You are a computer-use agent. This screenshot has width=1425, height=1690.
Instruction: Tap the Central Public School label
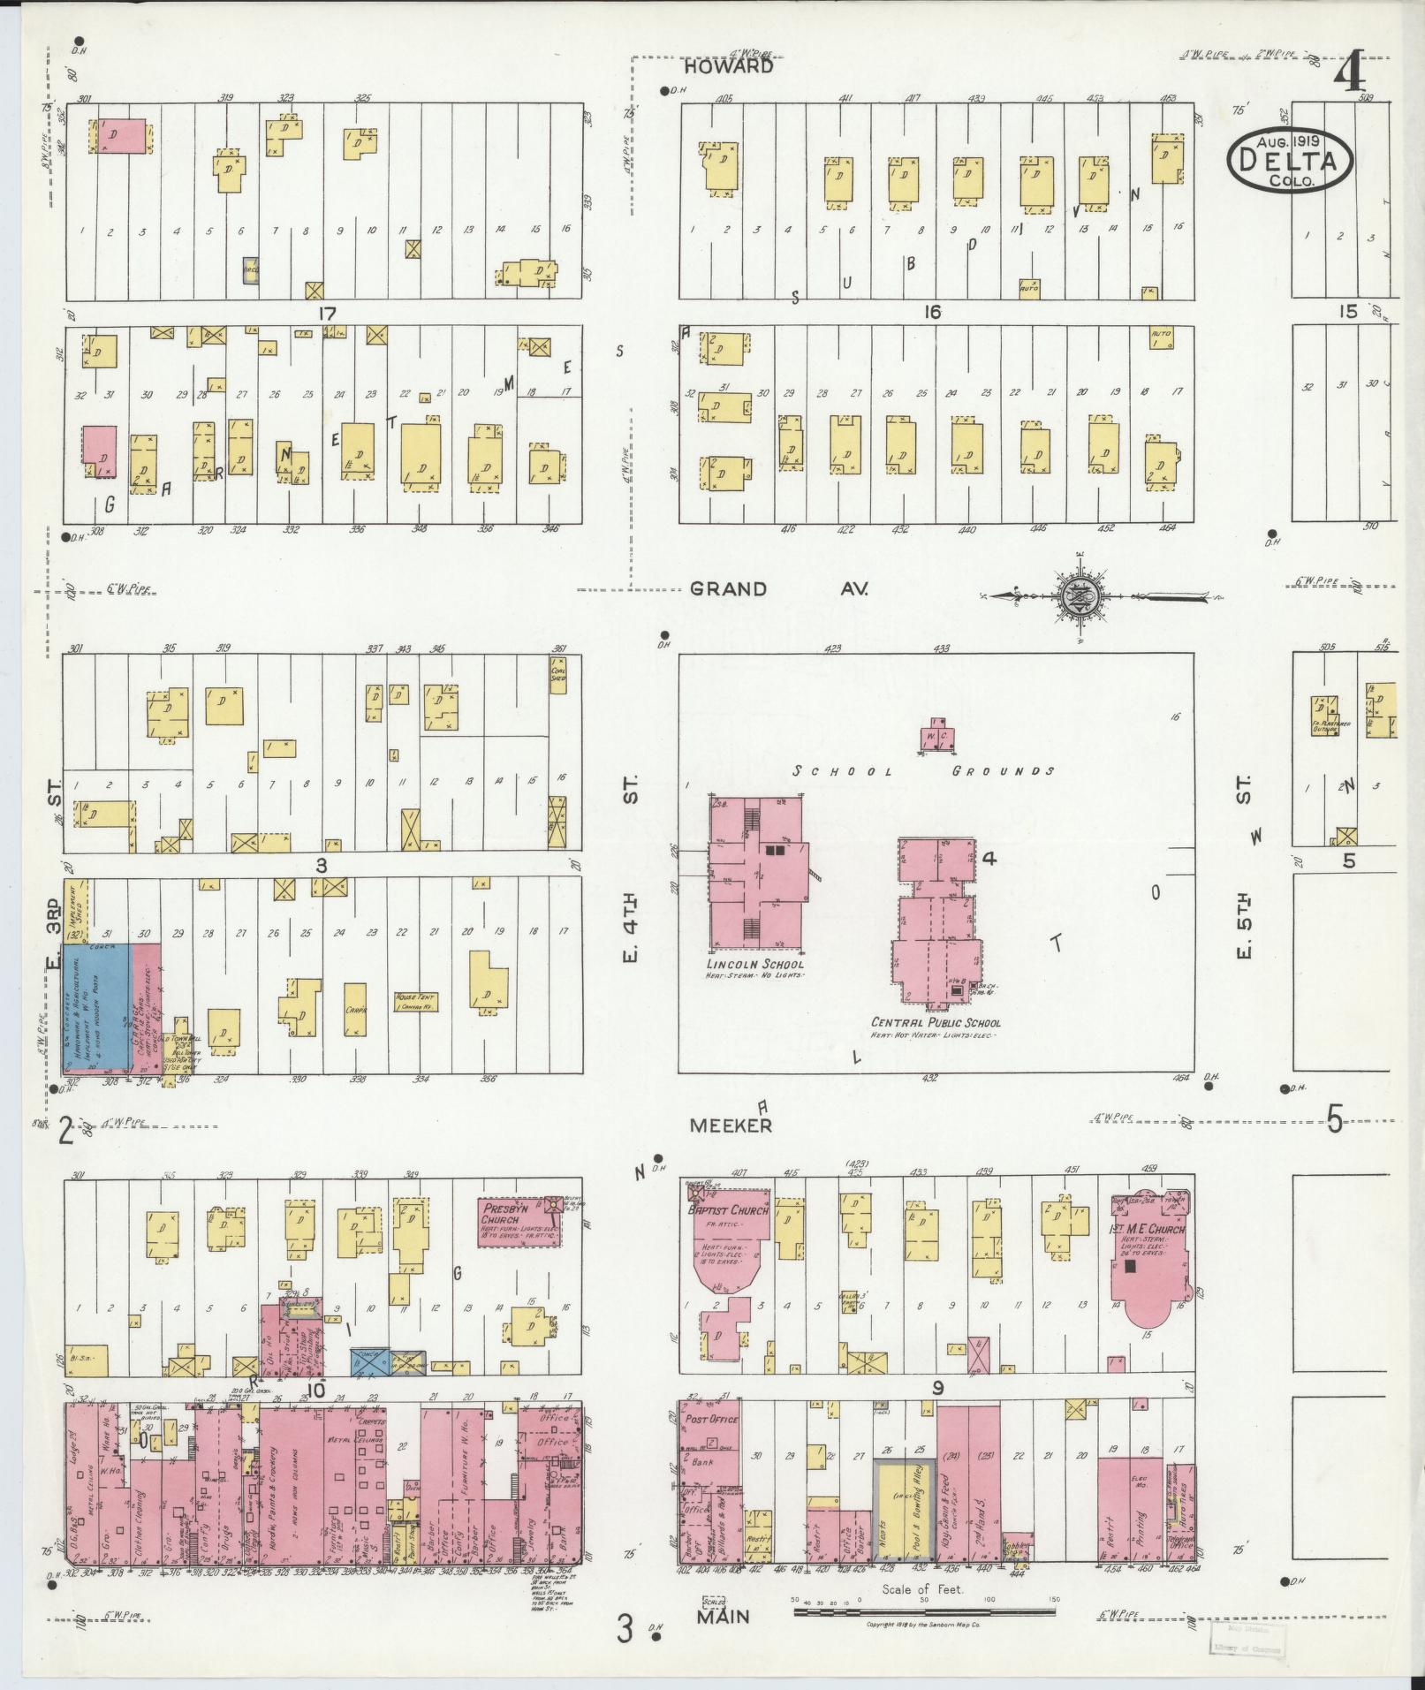pos(935,1023)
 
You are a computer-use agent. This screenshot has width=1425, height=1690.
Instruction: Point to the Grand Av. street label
pos(779,588)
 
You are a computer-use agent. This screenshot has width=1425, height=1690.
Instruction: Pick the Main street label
pos(724,1617)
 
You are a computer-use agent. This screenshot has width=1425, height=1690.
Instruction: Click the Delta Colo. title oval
pos(1290,160)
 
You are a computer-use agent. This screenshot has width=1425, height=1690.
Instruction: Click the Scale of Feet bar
pos(924,1611)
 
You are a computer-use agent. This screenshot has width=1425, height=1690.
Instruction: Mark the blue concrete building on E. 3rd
pos(97,1007)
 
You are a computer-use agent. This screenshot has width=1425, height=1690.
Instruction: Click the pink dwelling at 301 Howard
pos(120,136)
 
